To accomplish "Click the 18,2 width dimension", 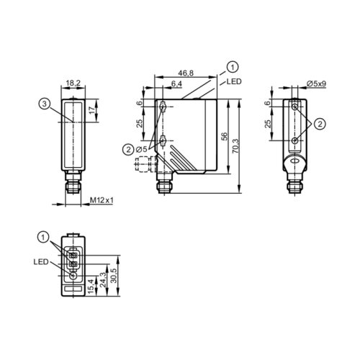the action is click(x=73, y=83).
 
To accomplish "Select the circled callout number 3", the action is click(x=44, y=104).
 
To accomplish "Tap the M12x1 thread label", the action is click(x=102, y=200).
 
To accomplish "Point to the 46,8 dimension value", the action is click(x=186, y=73).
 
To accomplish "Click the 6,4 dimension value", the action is click(x=176, y=84).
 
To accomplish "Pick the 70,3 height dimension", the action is click(x=235, y=146).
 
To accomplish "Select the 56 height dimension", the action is click(x=224, y=136).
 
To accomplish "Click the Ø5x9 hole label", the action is click(x=317, y=84).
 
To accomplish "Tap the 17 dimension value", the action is click(x=91, y=110).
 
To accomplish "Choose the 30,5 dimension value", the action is click(x=114, y=276).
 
